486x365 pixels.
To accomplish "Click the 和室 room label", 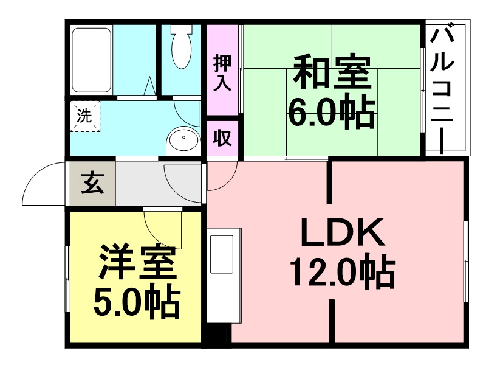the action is pyautogui.click(x=332, y=72).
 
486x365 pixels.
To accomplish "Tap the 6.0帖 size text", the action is pyautogui.click(x=332, y=113).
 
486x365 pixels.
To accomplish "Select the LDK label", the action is pyautogui.click(x=342, y=232).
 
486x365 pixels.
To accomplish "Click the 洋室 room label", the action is pyautogui.click(x=137, y=262).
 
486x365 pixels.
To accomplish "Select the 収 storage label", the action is pyautogui.click(x=222, y=138).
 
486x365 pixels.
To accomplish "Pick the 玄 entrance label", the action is pyautogui.click(x=92, y=183).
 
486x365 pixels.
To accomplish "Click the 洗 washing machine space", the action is pyautogui.click(x=85, y=116).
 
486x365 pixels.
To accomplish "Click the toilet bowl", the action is pyautogui.click(x=182, y=46).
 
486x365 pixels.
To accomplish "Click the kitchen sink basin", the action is pyautogui.click(x=222, y=254).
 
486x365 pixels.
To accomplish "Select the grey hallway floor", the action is pyautogui.click(x=158, y=183).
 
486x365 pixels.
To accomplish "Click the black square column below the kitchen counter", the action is pyautogui.click(x=219, y=333).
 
